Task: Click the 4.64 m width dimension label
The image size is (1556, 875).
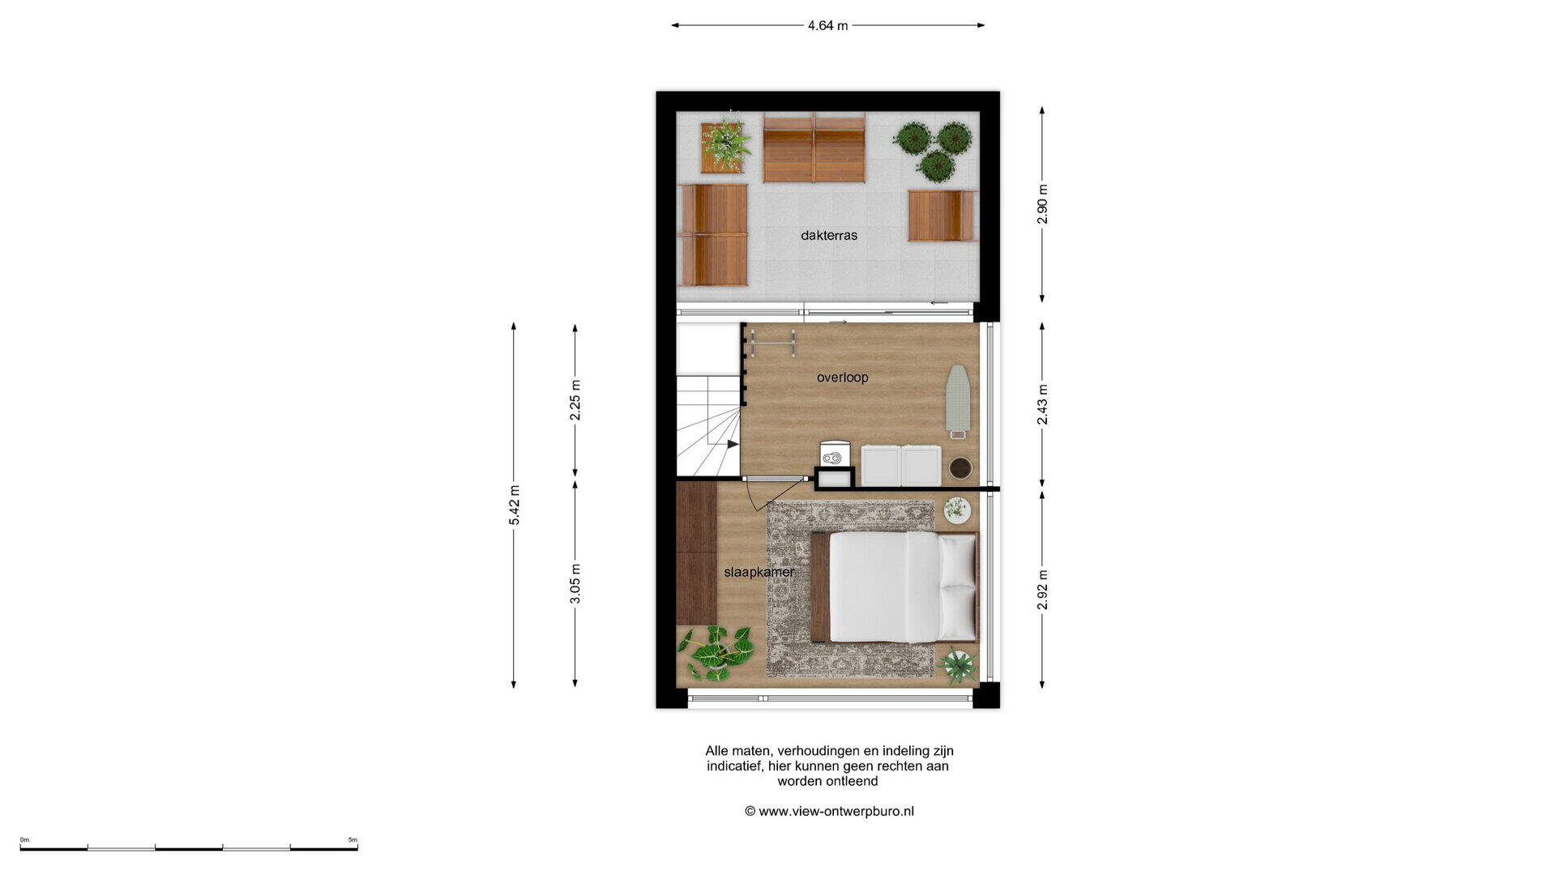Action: pyautogui.click(x=827, y=26)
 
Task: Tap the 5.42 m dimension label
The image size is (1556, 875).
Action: pyautogui.click(x=515, y=505)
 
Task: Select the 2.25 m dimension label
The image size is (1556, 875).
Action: pyautogui.click(x=575, y=400)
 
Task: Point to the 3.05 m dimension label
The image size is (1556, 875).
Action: pyautogui.click(x=575, y=583)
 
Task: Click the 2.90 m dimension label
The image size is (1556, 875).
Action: pyautogui.click(x=1043, y=205)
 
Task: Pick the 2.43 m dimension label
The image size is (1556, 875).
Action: pyautogui.click(x=1043, y=404)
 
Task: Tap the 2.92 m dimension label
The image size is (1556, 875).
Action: pyautogui.click(x=1043, y=590)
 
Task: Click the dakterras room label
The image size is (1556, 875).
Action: pyautogui.click(x=829, y=236)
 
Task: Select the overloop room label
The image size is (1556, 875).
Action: pyautogui.click(x=843, y=378)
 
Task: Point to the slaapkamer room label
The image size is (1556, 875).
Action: pyautogui.click(x=759, y=572)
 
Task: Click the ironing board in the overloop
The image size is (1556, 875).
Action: pyautogui.click(x=958, y=401)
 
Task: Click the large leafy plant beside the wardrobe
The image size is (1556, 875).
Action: pyautogui.click(x=716, y=653)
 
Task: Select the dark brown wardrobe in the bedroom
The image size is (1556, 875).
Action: pyautogui.click(x=697, y=553)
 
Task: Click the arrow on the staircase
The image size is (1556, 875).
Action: pyautogui.click(x=733, y=444)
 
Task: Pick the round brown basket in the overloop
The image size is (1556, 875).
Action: pyautogui.click(x=960, y=468)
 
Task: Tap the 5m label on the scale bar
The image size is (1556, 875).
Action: pyautogui.click(x=353, y=840)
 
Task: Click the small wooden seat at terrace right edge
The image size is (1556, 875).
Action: pyautogui.click(x=943, y=216)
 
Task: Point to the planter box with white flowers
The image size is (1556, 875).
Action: pyautogui.click(x=724, y=147)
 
